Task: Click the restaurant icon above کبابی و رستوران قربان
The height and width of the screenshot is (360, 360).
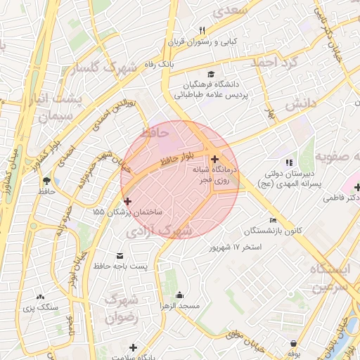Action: pos(202,30)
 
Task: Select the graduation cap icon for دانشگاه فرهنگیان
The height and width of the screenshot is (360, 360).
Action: pos(210,74)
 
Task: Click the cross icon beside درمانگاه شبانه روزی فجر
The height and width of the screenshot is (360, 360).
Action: pos(214,160)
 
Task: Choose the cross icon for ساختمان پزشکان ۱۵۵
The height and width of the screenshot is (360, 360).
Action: pos(127,201)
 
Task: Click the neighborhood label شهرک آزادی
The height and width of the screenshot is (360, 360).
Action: pos(156,230)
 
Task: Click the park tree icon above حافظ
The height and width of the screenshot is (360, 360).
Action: pos(46,181)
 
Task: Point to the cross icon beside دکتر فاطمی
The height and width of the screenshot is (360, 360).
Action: pos(357,187)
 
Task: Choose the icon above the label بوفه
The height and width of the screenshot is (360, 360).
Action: pos(292,344)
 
